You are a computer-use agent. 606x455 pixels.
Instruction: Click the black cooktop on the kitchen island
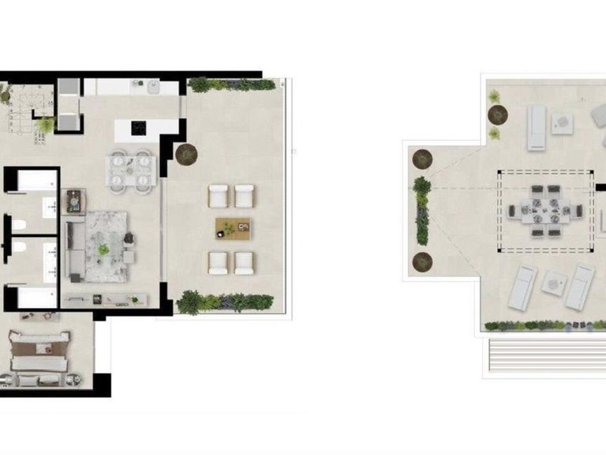[140, 126]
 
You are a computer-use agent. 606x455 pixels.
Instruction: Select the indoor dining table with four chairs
[131, 171]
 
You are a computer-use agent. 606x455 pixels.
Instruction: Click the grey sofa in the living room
[76, 250]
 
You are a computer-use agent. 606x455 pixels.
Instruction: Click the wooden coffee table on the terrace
[233, 228]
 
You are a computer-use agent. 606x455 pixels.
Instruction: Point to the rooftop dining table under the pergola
[544, 211]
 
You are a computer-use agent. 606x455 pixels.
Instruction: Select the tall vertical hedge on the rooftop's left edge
[422, 209]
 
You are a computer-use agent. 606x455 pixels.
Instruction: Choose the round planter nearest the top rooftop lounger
[498, 114]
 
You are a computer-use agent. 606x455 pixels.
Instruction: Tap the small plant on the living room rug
[103, 249]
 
